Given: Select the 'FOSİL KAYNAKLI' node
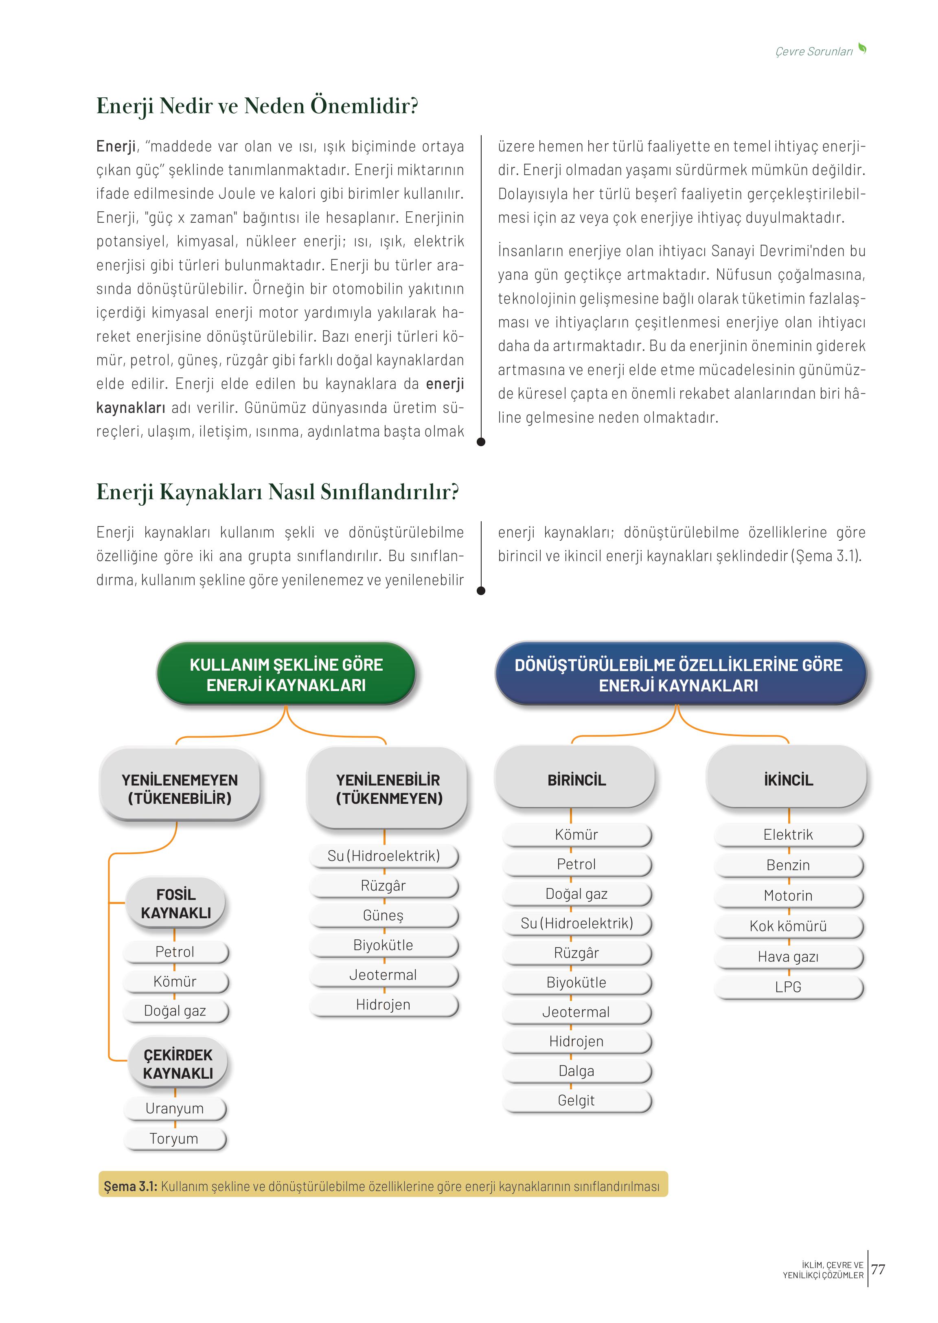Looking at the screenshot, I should click(x=175, y=904).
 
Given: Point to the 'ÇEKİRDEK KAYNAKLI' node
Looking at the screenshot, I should click(x=178, y=1064).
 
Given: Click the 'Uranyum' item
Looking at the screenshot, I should click(x=174, y=1108).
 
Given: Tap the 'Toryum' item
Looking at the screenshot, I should click(x=174, y=1138).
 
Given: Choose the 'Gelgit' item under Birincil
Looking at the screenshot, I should click(x=576, y=1100).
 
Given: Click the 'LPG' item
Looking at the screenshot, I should click(x=788, y=987).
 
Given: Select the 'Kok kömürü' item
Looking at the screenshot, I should click(x=788, y=926).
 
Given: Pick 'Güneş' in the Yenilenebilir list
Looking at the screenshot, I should click(x=383, y=915).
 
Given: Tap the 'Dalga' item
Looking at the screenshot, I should click(x=576, y=1071).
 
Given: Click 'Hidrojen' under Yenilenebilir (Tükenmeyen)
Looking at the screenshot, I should click(x=383, y=1004).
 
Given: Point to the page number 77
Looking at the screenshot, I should click(x=878, y=1269).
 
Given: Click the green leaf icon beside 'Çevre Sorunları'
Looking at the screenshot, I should click(x=862, y=48).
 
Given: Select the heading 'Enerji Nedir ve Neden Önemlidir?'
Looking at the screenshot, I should click(x=257, y=106).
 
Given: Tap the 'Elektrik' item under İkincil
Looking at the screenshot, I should click(x=788, y=834).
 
